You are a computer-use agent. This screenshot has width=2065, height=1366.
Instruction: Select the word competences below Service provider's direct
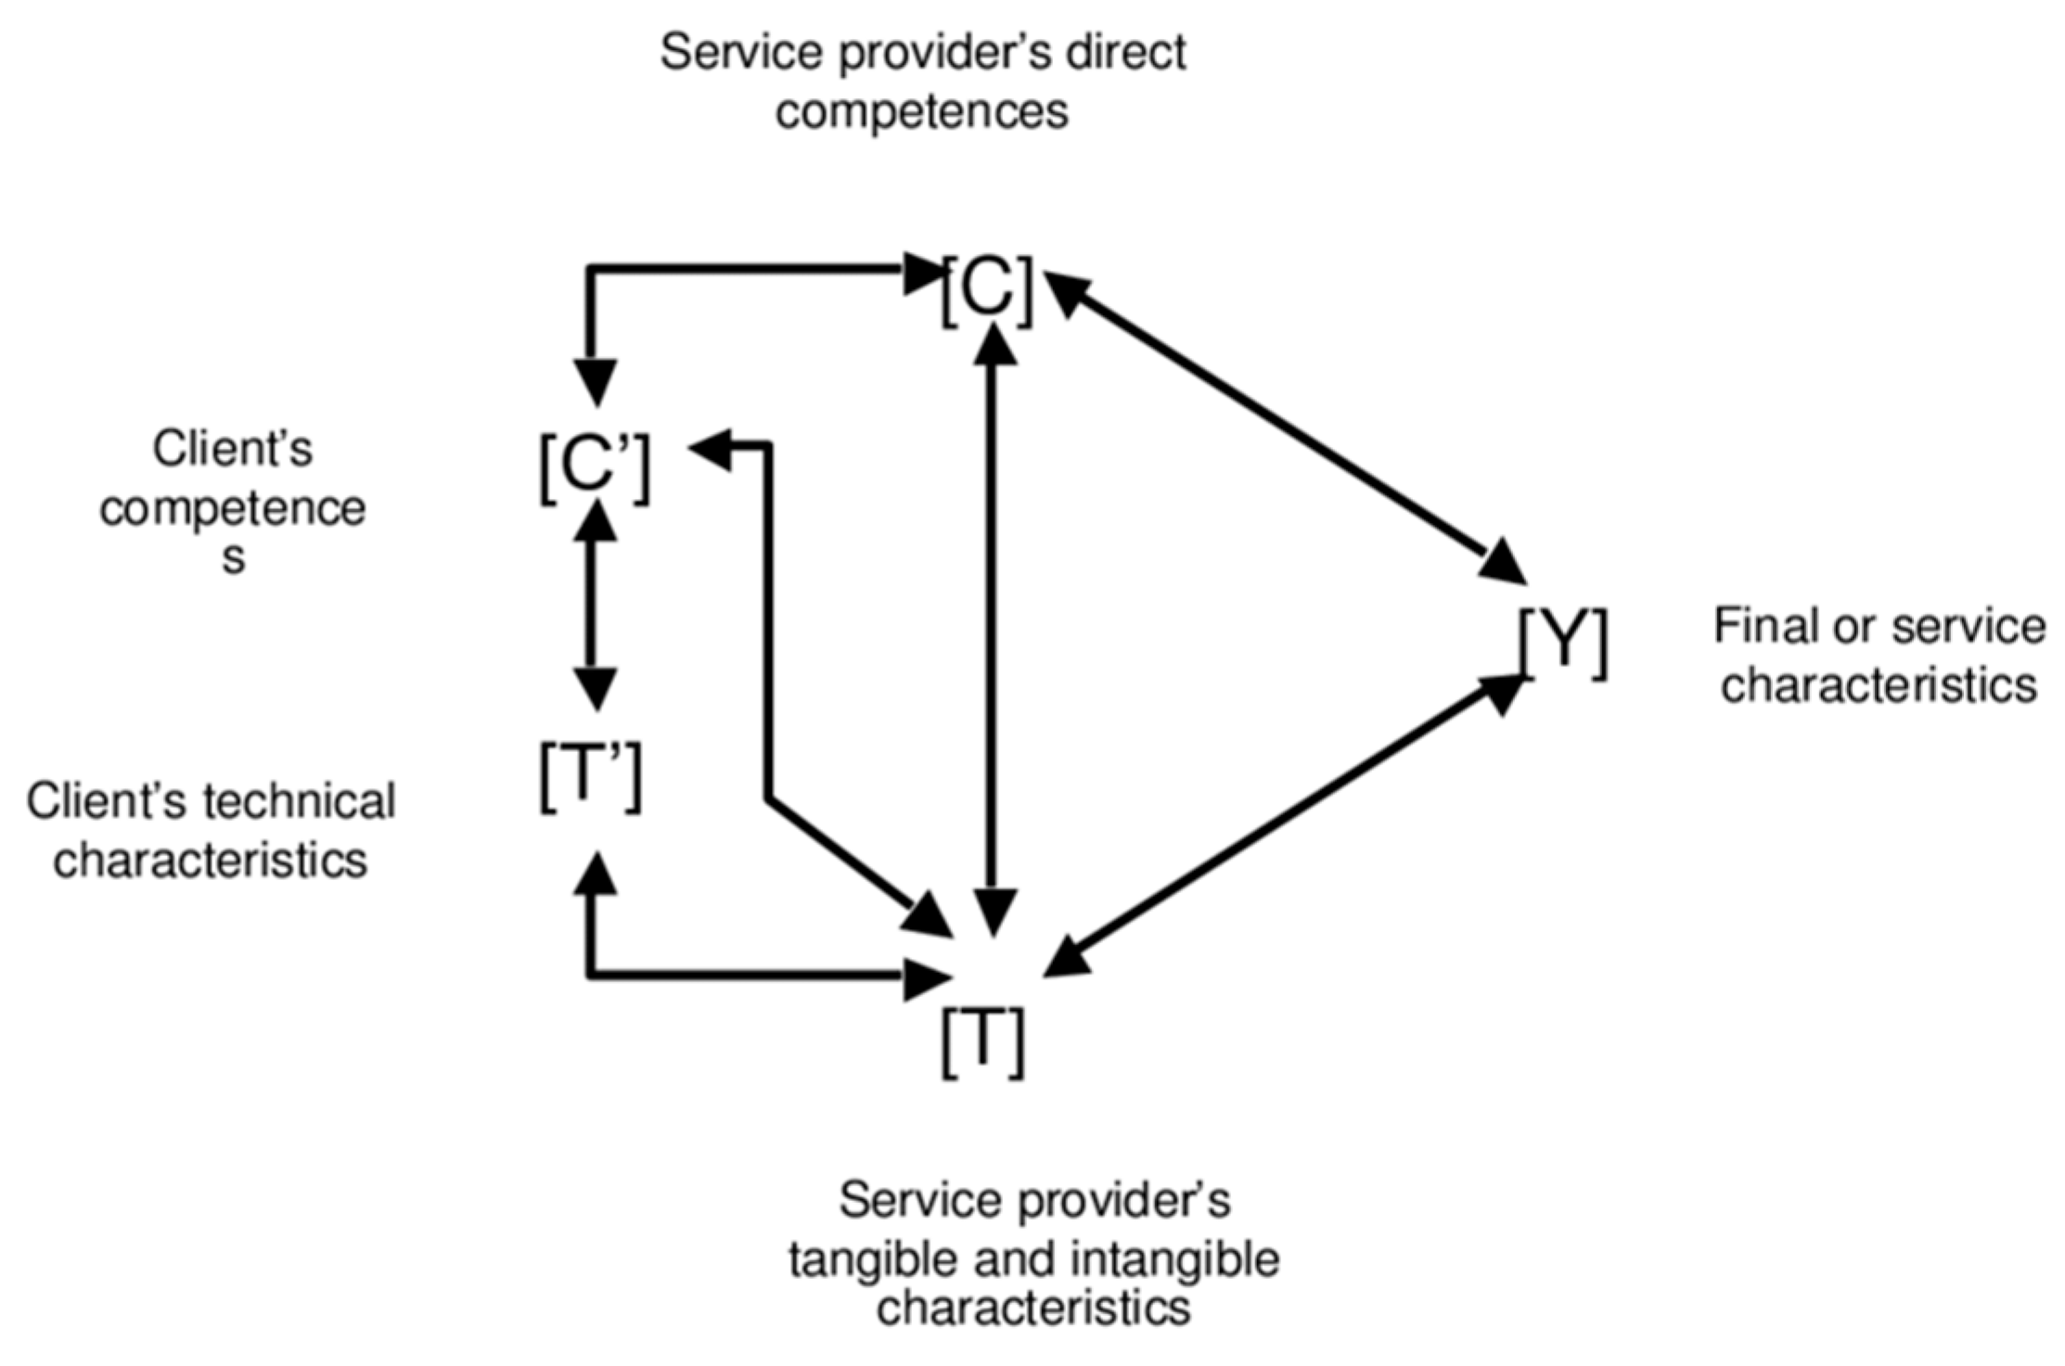coord(922,112)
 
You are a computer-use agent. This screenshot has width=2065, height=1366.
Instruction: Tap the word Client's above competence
coord(233,450)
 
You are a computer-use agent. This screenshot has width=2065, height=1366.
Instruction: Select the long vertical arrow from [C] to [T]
coord(992,631)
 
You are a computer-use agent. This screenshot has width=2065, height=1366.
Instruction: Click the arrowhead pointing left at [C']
coord(712,448)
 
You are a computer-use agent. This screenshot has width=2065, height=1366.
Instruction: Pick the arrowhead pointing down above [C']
coord(595,382)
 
